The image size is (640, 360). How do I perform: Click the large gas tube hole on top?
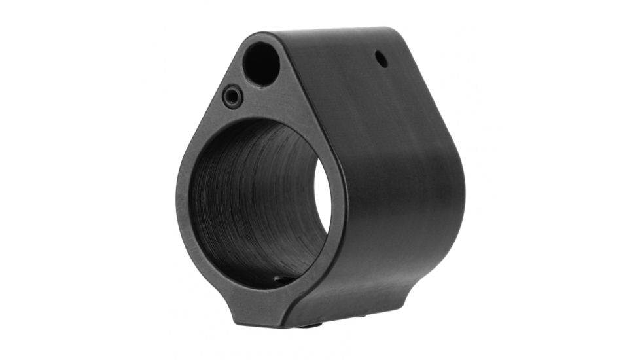click(x=261, y=63)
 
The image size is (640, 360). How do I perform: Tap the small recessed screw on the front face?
click(x=232, y=98)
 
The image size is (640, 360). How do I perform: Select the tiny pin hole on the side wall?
click(x=381, y=60)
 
